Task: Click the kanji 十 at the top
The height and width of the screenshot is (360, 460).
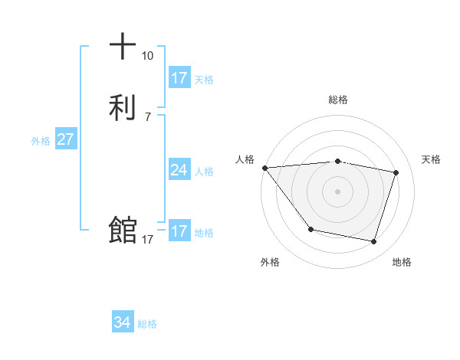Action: pyautogui.click(x=123, y=47)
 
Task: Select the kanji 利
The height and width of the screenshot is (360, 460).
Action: pyautogui.click(x=123, y=106)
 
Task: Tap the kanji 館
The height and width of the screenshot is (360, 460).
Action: pyautogui.click(x=123, y=230)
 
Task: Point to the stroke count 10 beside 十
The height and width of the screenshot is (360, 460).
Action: pyautogui.click(x=147, y=56)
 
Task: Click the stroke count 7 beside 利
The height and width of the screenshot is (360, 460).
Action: pyautogui.click(x=147, y=116)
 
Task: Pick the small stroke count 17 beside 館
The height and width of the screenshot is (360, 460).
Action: pyautogui.click(x=147, y=240)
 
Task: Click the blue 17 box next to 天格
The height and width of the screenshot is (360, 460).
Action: pyautogui.click(x=179, y=78)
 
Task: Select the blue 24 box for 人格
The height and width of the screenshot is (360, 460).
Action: pyautogui.click(x=179, y=170)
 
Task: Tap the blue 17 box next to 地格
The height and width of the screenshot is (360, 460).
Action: pyautogui.click(x=179, y=231)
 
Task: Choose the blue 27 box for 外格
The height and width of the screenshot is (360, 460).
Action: pyautogui.click(x=66, y=139)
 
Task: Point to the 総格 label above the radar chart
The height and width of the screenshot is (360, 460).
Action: pyautogui.click(x=338, y=100)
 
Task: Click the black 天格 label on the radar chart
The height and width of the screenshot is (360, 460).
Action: pyautogui.click(x=432, y=159)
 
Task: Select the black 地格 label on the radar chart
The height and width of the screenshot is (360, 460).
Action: pyautogui.click(x=402, y=262)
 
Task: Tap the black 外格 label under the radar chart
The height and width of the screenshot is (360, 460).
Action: pyautogui.click(x=270, y=262)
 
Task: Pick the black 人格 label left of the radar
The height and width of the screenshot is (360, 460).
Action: pyautogui.click(x=245, y=159)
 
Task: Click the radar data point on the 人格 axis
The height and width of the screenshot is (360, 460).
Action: pyautogui.click(x=264, y=168)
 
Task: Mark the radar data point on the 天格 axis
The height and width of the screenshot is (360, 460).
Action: pyautogui.click(x=396, y=173)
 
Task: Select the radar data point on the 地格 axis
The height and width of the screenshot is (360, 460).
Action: pyautogui.click(x=373, y=241)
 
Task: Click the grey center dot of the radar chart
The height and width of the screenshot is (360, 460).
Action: pyautogui.click(x=338, y=191)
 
